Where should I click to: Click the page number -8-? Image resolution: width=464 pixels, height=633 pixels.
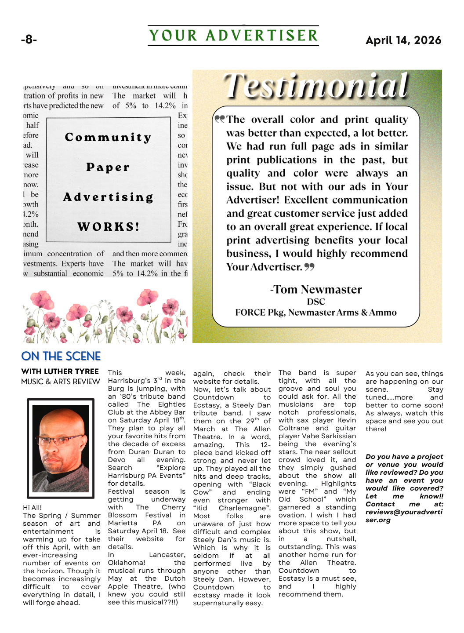(x=29, y=40)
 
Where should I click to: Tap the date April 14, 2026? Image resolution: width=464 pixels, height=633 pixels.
(x=403, y=40)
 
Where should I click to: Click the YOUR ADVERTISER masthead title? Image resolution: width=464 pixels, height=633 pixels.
(x=233, y=36)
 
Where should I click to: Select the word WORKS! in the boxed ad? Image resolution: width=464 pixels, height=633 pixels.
(x=109, y=227)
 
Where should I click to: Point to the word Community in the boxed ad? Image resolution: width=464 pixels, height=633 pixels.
(x=108, y=137)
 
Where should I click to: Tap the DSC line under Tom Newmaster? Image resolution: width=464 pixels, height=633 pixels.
(x=316, y=302)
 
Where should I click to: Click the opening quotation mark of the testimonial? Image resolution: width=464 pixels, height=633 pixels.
(x=219, y=119)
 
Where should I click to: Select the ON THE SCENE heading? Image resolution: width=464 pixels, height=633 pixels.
(x=61, y=356)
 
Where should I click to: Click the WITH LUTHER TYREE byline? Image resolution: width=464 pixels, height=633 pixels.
(x=60, y=371)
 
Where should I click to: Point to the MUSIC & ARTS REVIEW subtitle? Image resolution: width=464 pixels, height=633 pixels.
(x=61, y=382)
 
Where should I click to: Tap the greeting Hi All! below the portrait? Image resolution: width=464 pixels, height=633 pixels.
(x=33, y=507)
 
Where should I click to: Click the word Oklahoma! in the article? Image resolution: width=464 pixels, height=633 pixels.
(x=127, y=563)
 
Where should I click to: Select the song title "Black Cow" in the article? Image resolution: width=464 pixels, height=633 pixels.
(x=249, y=488)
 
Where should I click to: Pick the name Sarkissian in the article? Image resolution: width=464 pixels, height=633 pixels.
(x=337, y=436)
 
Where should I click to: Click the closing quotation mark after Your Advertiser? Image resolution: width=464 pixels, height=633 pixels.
(x=309, y=266)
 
